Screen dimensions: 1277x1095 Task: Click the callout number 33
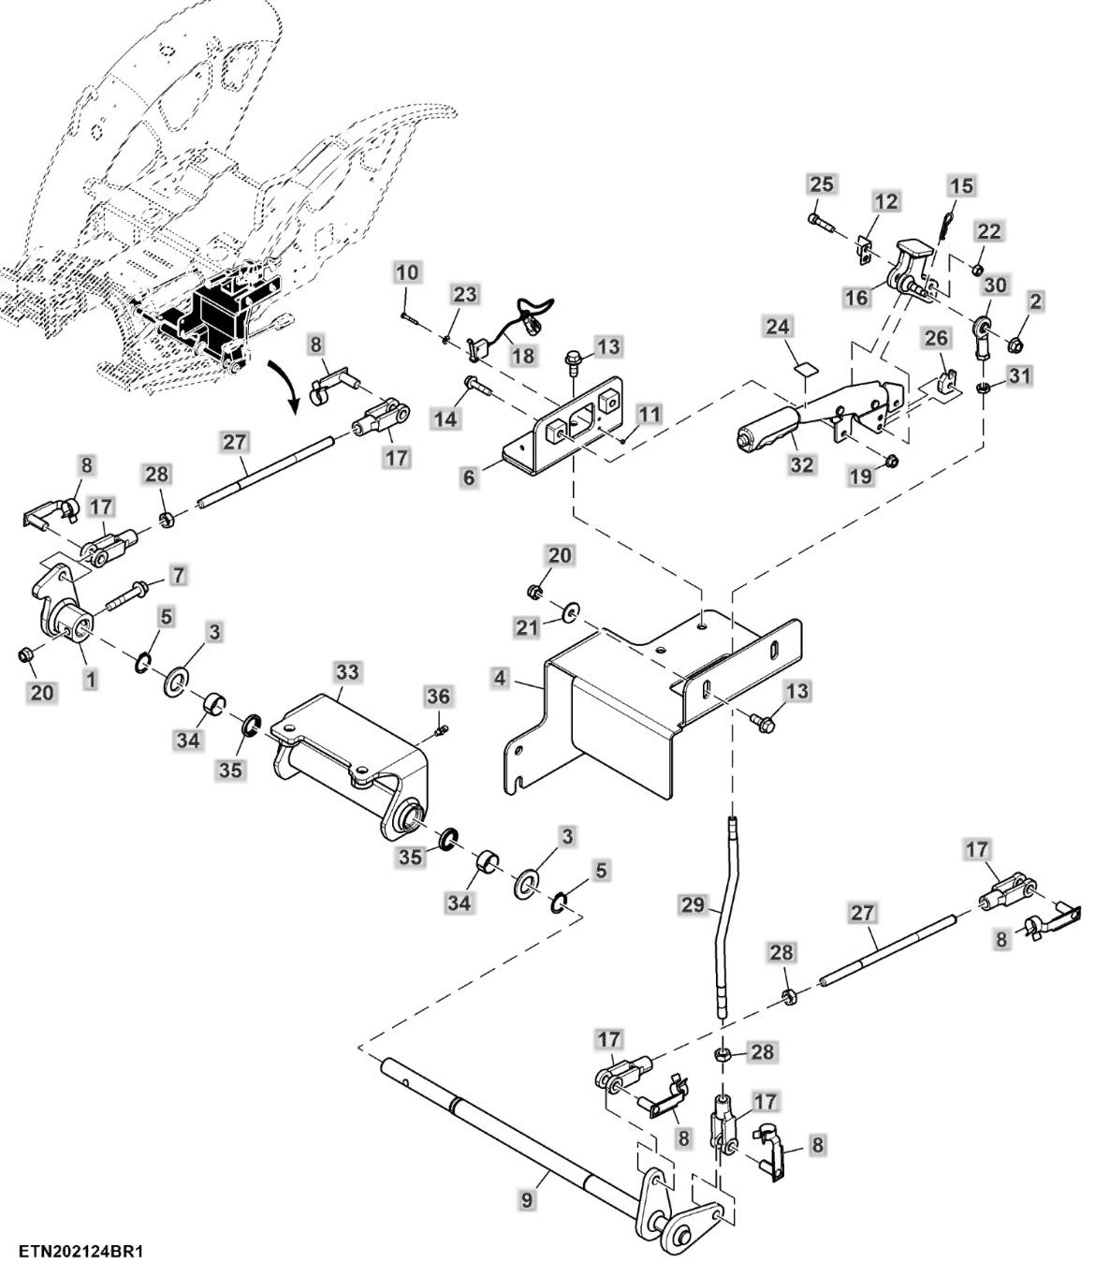tap(347, 672)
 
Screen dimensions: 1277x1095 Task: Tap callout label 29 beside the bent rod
tap(693, 904)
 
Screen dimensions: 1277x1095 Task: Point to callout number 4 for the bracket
tap(502, 677)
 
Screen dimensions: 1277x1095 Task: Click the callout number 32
tap(802, 464)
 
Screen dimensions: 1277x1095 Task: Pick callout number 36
tap(438, 697)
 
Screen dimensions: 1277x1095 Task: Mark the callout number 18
tap(522, 356)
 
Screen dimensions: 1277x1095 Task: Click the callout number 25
tap(821, 184)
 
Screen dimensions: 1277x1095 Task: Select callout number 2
tap(1034, 301)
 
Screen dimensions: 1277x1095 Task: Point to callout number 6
tap(469, 477)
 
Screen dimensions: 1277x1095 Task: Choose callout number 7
tap(178, 572)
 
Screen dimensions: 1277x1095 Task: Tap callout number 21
tap(528, 626)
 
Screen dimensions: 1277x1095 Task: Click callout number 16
tap(856, 298)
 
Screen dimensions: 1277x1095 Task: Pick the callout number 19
tap(860, 477)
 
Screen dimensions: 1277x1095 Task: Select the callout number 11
tap(650, 413)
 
